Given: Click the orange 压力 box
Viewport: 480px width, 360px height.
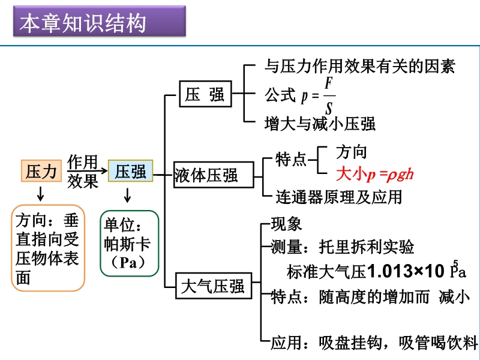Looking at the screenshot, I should [x=41, y=172].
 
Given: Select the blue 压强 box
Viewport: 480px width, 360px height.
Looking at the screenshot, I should [x=130, y=172].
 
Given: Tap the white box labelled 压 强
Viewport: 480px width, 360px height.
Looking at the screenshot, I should [x=205, y=95].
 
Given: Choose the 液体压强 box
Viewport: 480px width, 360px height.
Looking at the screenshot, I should [x=206, y=175].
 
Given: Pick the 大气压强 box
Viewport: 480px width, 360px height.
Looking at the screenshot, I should [x=213, y=286].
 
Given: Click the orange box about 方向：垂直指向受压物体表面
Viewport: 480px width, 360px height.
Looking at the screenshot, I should [x=48, y=248].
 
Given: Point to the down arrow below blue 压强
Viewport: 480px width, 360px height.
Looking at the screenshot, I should [x=128, y=195].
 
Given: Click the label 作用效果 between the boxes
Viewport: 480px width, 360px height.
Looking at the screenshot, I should [x=83, y=172].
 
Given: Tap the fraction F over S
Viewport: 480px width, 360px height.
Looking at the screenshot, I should [x=329, y=95].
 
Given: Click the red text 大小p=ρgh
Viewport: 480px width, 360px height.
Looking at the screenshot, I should [x=375, y=175].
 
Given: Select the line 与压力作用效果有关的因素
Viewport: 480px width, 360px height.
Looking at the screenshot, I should [x=360, y=66].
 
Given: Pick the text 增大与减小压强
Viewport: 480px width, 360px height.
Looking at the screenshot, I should [x=320, y=124].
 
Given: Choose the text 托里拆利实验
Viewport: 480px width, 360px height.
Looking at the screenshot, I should [x=366, y=247].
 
